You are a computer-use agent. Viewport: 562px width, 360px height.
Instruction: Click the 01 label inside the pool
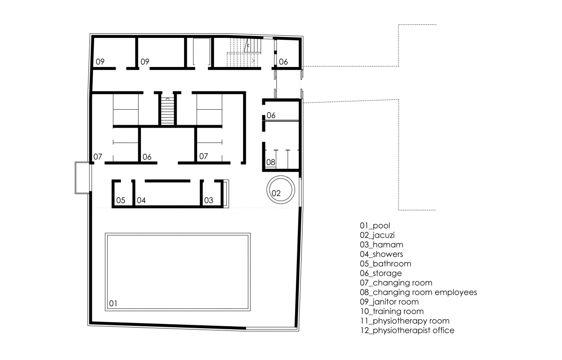click(x=113, y=303)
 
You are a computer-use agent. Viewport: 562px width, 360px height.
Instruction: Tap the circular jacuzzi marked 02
click(x=281, y=176)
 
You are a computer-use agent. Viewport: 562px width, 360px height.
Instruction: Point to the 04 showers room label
click(x=141, y=200)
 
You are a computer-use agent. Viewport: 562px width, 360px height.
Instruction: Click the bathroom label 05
click(x=121, y=200)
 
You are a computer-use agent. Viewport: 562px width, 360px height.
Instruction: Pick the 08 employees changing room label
click(x=271, y=162)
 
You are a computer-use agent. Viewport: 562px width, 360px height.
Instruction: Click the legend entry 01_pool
click(x=375, y=225)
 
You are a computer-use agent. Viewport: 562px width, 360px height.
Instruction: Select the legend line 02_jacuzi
click(x=377, y=235)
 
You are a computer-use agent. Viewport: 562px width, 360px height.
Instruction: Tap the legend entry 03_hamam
click(x=382, y=245)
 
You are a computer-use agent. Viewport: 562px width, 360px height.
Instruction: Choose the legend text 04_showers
click(x=382, y=254)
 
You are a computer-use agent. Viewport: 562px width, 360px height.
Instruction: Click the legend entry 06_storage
click(x=381, y=273)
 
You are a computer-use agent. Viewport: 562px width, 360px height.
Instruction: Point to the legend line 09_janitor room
click(x=389, y=302)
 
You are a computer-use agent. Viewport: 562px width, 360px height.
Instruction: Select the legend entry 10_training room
click(x=392, y=311)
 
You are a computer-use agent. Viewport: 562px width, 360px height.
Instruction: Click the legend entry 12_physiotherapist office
click(x=407, y=330)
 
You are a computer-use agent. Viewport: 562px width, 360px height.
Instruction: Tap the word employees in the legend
click(x=456, y=292)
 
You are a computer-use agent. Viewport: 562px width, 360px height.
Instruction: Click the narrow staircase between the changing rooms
click(x=167, y=111)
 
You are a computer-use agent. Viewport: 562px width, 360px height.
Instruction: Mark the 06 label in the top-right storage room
click(x=283, y=62)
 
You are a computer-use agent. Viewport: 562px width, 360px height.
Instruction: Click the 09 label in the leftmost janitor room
click(x=100, y=62)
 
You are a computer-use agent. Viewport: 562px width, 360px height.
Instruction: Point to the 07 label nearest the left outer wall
click(x=97, y=157)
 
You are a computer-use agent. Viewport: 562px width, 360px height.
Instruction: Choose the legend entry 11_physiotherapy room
click(x=405, y=321)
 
